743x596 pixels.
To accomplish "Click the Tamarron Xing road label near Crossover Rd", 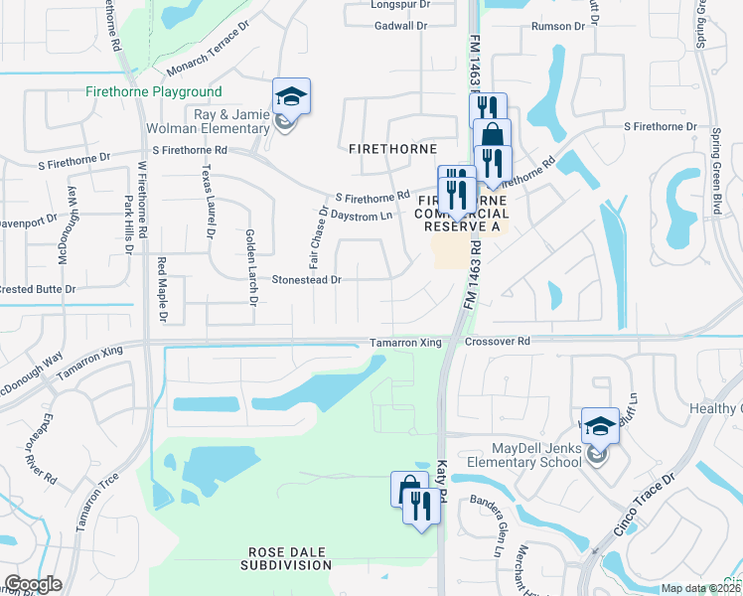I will coord(405,343).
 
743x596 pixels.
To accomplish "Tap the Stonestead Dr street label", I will coord(307,280).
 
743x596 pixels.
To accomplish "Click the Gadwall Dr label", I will coord(400,27).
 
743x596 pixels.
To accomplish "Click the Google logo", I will coord(33,584).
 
